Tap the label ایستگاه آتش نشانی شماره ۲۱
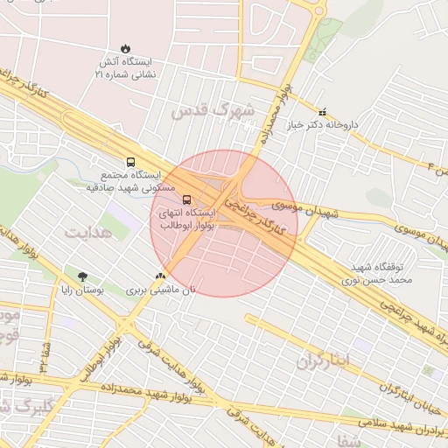tap(124, 69)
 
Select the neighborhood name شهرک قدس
tap(213, 111)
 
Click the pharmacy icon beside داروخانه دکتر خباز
tap(323, 112)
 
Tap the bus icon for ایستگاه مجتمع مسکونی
tap(130, 162)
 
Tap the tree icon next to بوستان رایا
tap(82, 276)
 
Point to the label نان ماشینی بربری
tap(161, 290)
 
